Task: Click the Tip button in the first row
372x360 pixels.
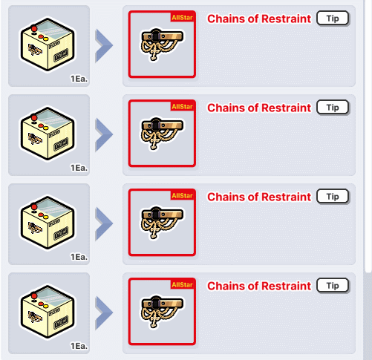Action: (333, 19)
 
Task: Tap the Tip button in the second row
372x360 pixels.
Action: (333, 108)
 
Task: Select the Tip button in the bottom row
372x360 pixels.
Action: (333, 286)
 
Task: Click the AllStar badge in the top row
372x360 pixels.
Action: (182, 17)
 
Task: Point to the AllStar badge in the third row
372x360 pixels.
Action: (182, 195)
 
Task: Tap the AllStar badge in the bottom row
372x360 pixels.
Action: (182, 284)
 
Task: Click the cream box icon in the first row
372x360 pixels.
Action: (48, 45)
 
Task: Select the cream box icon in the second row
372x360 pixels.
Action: (48, 134)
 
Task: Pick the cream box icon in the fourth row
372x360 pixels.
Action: (48, 312)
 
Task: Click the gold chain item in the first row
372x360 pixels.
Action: (162, 44)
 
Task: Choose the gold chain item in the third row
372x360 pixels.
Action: (162, 222)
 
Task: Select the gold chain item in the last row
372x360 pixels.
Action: (162, 311)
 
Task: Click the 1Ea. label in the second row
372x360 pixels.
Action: (79, 168)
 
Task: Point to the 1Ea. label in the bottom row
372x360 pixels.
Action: (79, 346)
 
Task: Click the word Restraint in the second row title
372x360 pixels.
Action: (286, 108)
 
